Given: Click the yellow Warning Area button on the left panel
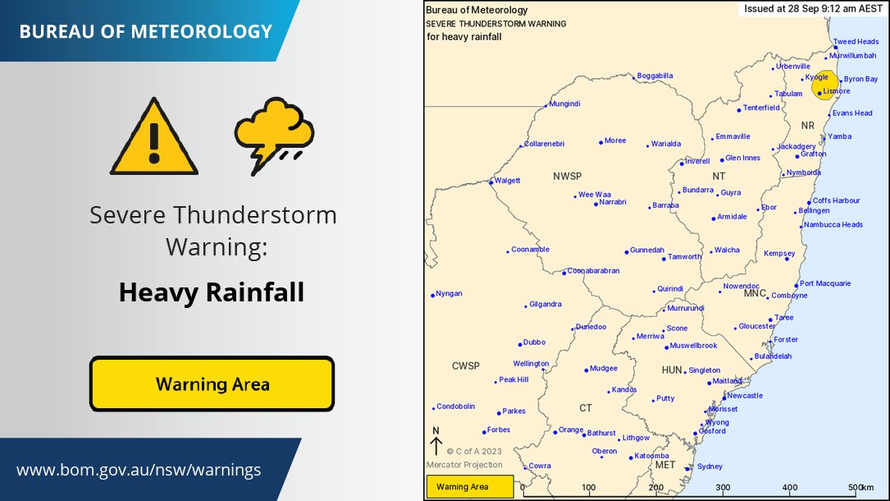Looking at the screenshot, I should click(212, 384).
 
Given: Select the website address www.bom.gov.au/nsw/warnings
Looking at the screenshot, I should click(139, 471).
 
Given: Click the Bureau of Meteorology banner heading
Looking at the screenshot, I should click(145, 32).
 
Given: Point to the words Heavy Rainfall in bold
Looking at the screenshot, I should click(212, 292).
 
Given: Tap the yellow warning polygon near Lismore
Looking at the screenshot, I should click(823, 86).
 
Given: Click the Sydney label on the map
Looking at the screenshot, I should click(710, 467).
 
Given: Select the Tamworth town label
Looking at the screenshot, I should click(685, 257).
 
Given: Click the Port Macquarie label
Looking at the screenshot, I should click(825, 283).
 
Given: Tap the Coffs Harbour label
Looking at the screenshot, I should click(836, 200).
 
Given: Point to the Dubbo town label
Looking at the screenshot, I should click(534, 342).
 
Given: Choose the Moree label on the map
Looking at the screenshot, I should click(615, 140).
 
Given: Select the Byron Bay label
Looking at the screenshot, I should click(860, 79).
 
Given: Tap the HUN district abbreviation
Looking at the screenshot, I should click(672, 370).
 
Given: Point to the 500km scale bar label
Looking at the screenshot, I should click(861, 488).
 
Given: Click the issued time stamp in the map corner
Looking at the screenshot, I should click(813, 10).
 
